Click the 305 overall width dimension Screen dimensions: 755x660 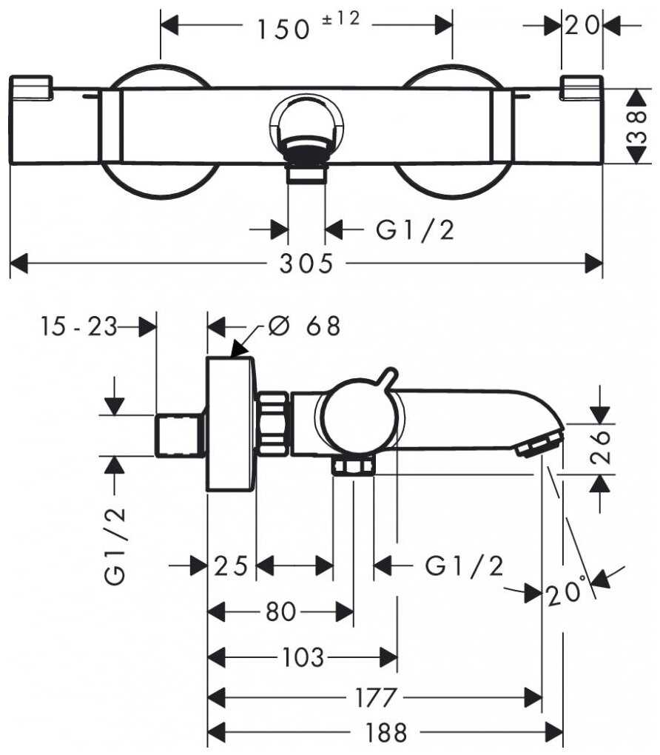click(306, 264)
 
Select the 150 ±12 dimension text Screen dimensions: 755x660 click(307, 27)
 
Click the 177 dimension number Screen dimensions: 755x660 click(376, 697)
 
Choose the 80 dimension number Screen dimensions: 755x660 click(280, 611)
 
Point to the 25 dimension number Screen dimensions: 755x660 click(232, 567)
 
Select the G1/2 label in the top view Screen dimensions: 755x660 click(414, 231)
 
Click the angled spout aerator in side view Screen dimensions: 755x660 click(538, 445)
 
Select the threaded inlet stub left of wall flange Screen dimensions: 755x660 click(180, 434)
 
